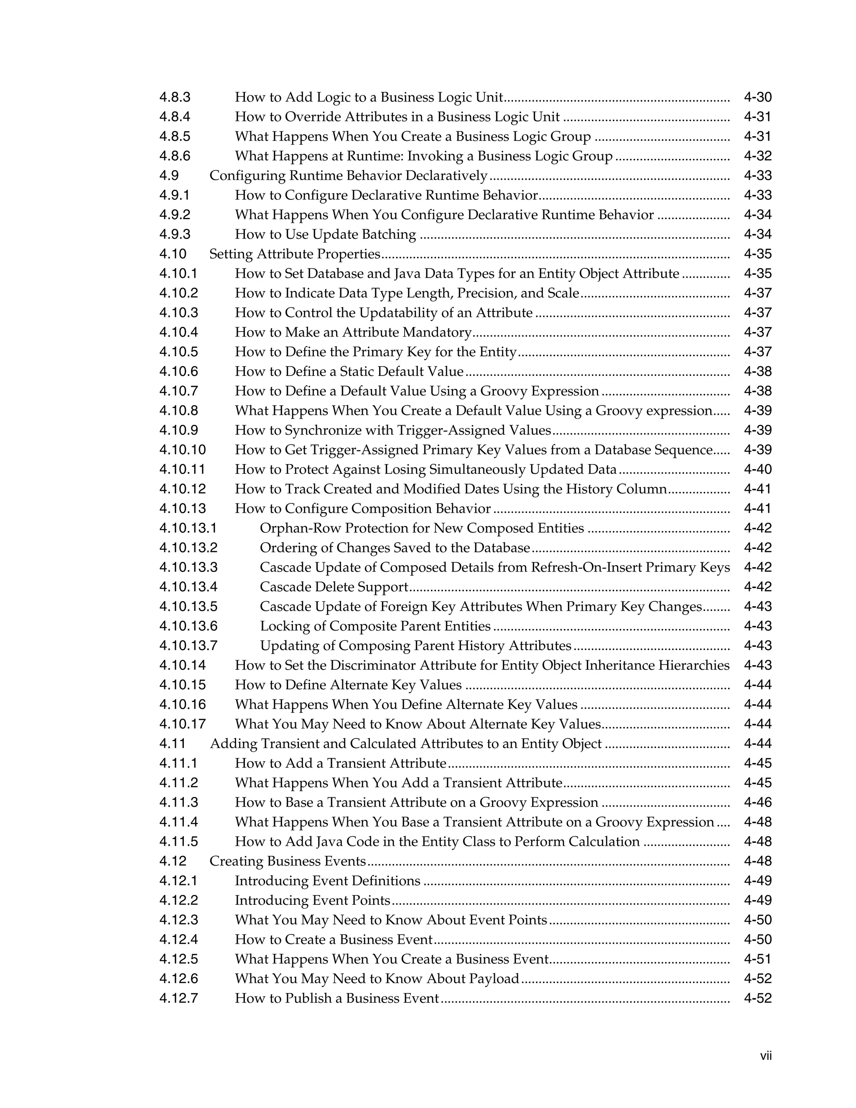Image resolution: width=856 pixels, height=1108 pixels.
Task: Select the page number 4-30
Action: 757,97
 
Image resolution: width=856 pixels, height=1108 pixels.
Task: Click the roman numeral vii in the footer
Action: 766,1056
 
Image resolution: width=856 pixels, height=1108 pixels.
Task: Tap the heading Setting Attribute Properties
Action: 295,254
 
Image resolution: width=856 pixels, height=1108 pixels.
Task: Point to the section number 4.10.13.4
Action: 188,587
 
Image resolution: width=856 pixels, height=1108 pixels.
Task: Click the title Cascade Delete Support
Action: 334,587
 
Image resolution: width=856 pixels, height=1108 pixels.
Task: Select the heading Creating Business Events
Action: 288,861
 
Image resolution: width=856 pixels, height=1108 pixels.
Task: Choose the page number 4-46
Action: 757,803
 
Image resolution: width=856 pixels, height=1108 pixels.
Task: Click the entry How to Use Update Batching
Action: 325,235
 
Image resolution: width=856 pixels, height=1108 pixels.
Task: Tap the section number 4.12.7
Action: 178,998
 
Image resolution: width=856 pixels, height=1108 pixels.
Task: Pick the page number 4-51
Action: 757,959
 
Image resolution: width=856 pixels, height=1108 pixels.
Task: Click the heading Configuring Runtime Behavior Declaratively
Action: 349,176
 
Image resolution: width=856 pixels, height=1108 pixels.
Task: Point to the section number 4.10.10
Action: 183,450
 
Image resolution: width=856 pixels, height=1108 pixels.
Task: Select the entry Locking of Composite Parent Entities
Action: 375,626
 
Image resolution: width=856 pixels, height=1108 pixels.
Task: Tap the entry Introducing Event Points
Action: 312,901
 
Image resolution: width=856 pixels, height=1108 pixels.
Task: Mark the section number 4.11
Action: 173,744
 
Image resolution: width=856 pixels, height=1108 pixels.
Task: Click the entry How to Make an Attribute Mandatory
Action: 353,332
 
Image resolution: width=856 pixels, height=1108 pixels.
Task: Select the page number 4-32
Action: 757,156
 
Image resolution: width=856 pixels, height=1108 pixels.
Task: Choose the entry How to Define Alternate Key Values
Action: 348,685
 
